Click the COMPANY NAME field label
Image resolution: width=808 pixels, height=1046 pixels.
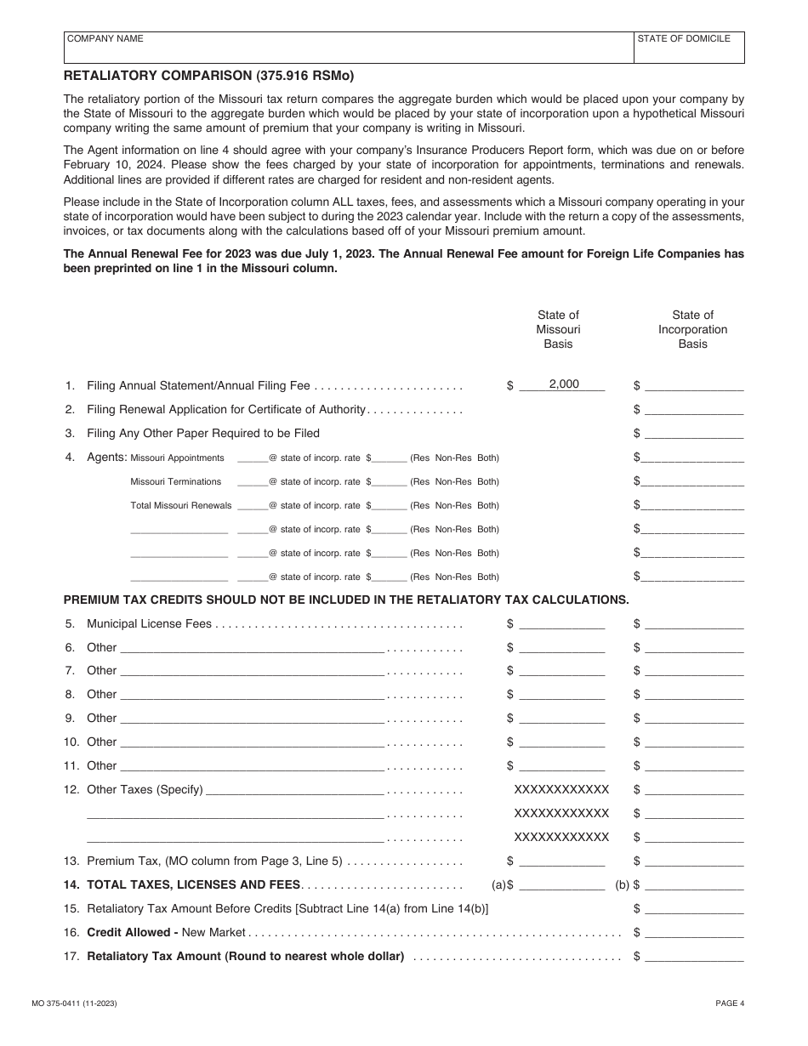(105, 39)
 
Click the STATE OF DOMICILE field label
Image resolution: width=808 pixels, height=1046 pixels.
(684, 39)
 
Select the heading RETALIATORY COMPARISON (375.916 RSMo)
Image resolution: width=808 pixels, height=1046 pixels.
(208, 76)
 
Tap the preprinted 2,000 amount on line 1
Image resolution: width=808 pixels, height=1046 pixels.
(563, 384)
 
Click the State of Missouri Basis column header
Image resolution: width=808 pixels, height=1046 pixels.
(558, 329)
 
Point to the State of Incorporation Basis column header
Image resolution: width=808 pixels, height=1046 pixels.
(692, 329)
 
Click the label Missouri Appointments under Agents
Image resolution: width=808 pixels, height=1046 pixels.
(177, 458)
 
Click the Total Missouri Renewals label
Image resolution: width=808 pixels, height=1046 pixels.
(180, 505)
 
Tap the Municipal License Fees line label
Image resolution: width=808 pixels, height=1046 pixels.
(149, 623)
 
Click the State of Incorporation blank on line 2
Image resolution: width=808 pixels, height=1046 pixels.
(694, 409)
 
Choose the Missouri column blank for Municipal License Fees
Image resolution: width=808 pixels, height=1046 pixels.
(562, 624)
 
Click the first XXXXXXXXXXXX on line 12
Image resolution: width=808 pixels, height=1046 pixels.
(561, 789)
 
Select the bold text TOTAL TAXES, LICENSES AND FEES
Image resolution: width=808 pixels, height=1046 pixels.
(194, 884)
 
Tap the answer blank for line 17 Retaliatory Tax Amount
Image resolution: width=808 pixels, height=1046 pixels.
(694, 956)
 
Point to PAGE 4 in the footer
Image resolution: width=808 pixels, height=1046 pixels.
(730, 1003)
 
